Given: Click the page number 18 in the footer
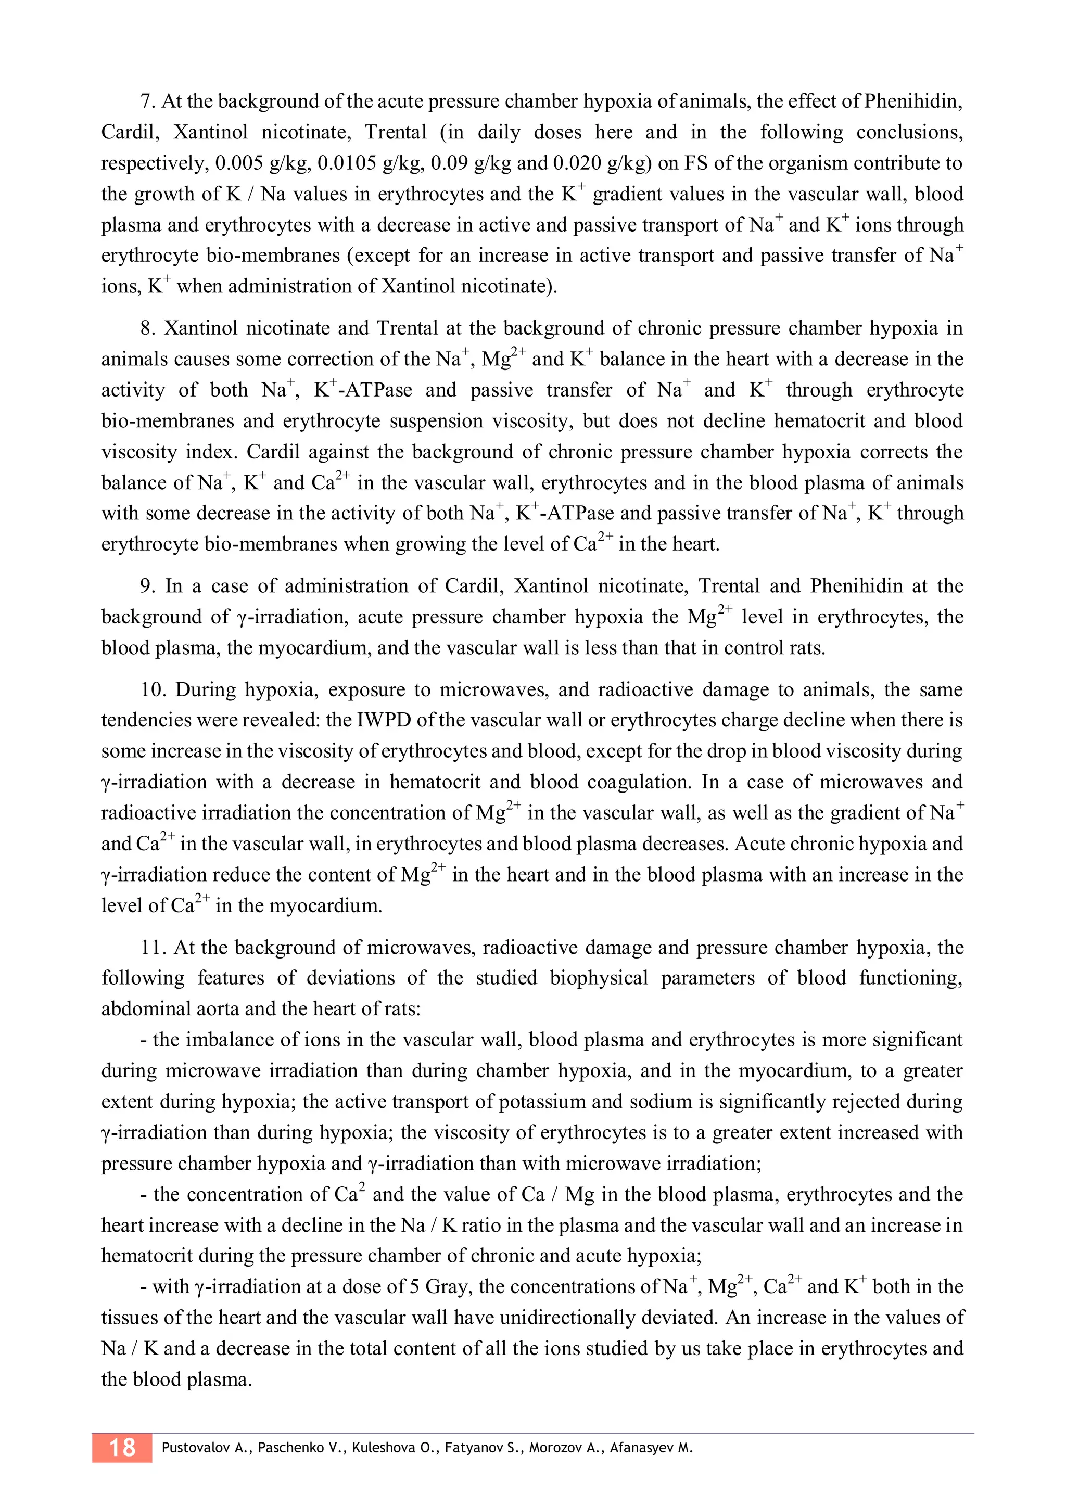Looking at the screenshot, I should point(122,1447).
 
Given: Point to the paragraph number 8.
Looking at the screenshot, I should point(148,328).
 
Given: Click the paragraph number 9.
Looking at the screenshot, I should point(148,586).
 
